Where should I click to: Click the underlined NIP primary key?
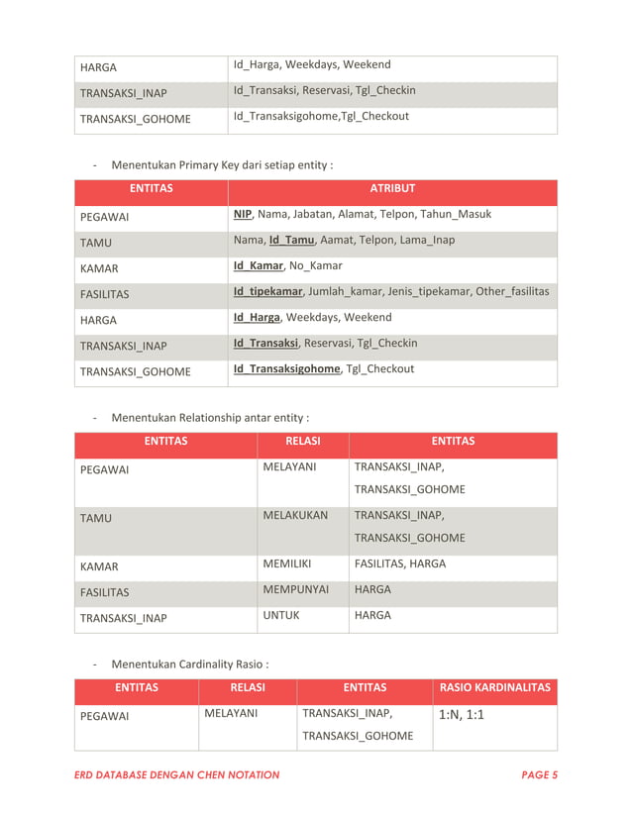click(x=242, y=215)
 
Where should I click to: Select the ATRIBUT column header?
click(x=392, y=188)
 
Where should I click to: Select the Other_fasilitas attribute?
click(x=511, y=292)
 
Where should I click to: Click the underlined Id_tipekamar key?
click(x=268, y=292)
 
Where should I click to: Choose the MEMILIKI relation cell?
click(x=287, y=564)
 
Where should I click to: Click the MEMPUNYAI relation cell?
click(x=295, y=590)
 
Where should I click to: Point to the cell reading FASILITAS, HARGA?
click(x=400, y=564)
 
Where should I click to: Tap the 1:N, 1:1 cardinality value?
click(x=461, y=715)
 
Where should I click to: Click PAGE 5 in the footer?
click(x=539, y=775)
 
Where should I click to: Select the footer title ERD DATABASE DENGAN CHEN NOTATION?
click(x=177, y=775)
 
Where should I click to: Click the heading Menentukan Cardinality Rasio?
click(x=189, y=664)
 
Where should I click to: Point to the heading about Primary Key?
click(x=222, y=164)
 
